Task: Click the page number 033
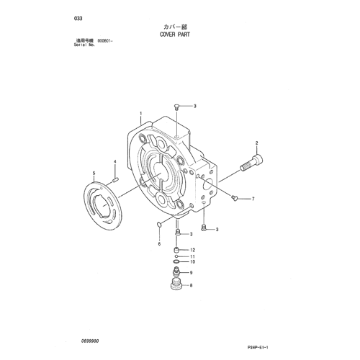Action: pos(78,19)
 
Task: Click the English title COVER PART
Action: pos(175,35)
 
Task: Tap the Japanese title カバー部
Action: pos(175,27)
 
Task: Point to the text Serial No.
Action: pos(84,45)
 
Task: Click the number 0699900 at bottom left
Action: pos(90,341)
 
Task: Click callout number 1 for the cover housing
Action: pos(141,113)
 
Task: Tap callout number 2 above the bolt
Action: pos(256,143)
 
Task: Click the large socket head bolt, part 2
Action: pos(251,163)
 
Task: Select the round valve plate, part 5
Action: pos(102,204)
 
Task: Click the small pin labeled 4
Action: pos(115,179)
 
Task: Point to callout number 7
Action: pos(253,199)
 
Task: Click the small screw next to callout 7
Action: pos(234,197)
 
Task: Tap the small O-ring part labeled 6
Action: pos(158,224)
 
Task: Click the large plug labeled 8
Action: pos(176,283)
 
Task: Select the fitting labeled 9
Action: pos(176,271)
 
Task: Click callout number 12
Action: pos(192,250)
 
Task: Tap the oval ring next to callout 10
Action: pos(176,261)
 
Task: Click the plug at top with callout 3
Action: pos(176,107)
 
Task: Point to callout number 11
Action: pos(192,256)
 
